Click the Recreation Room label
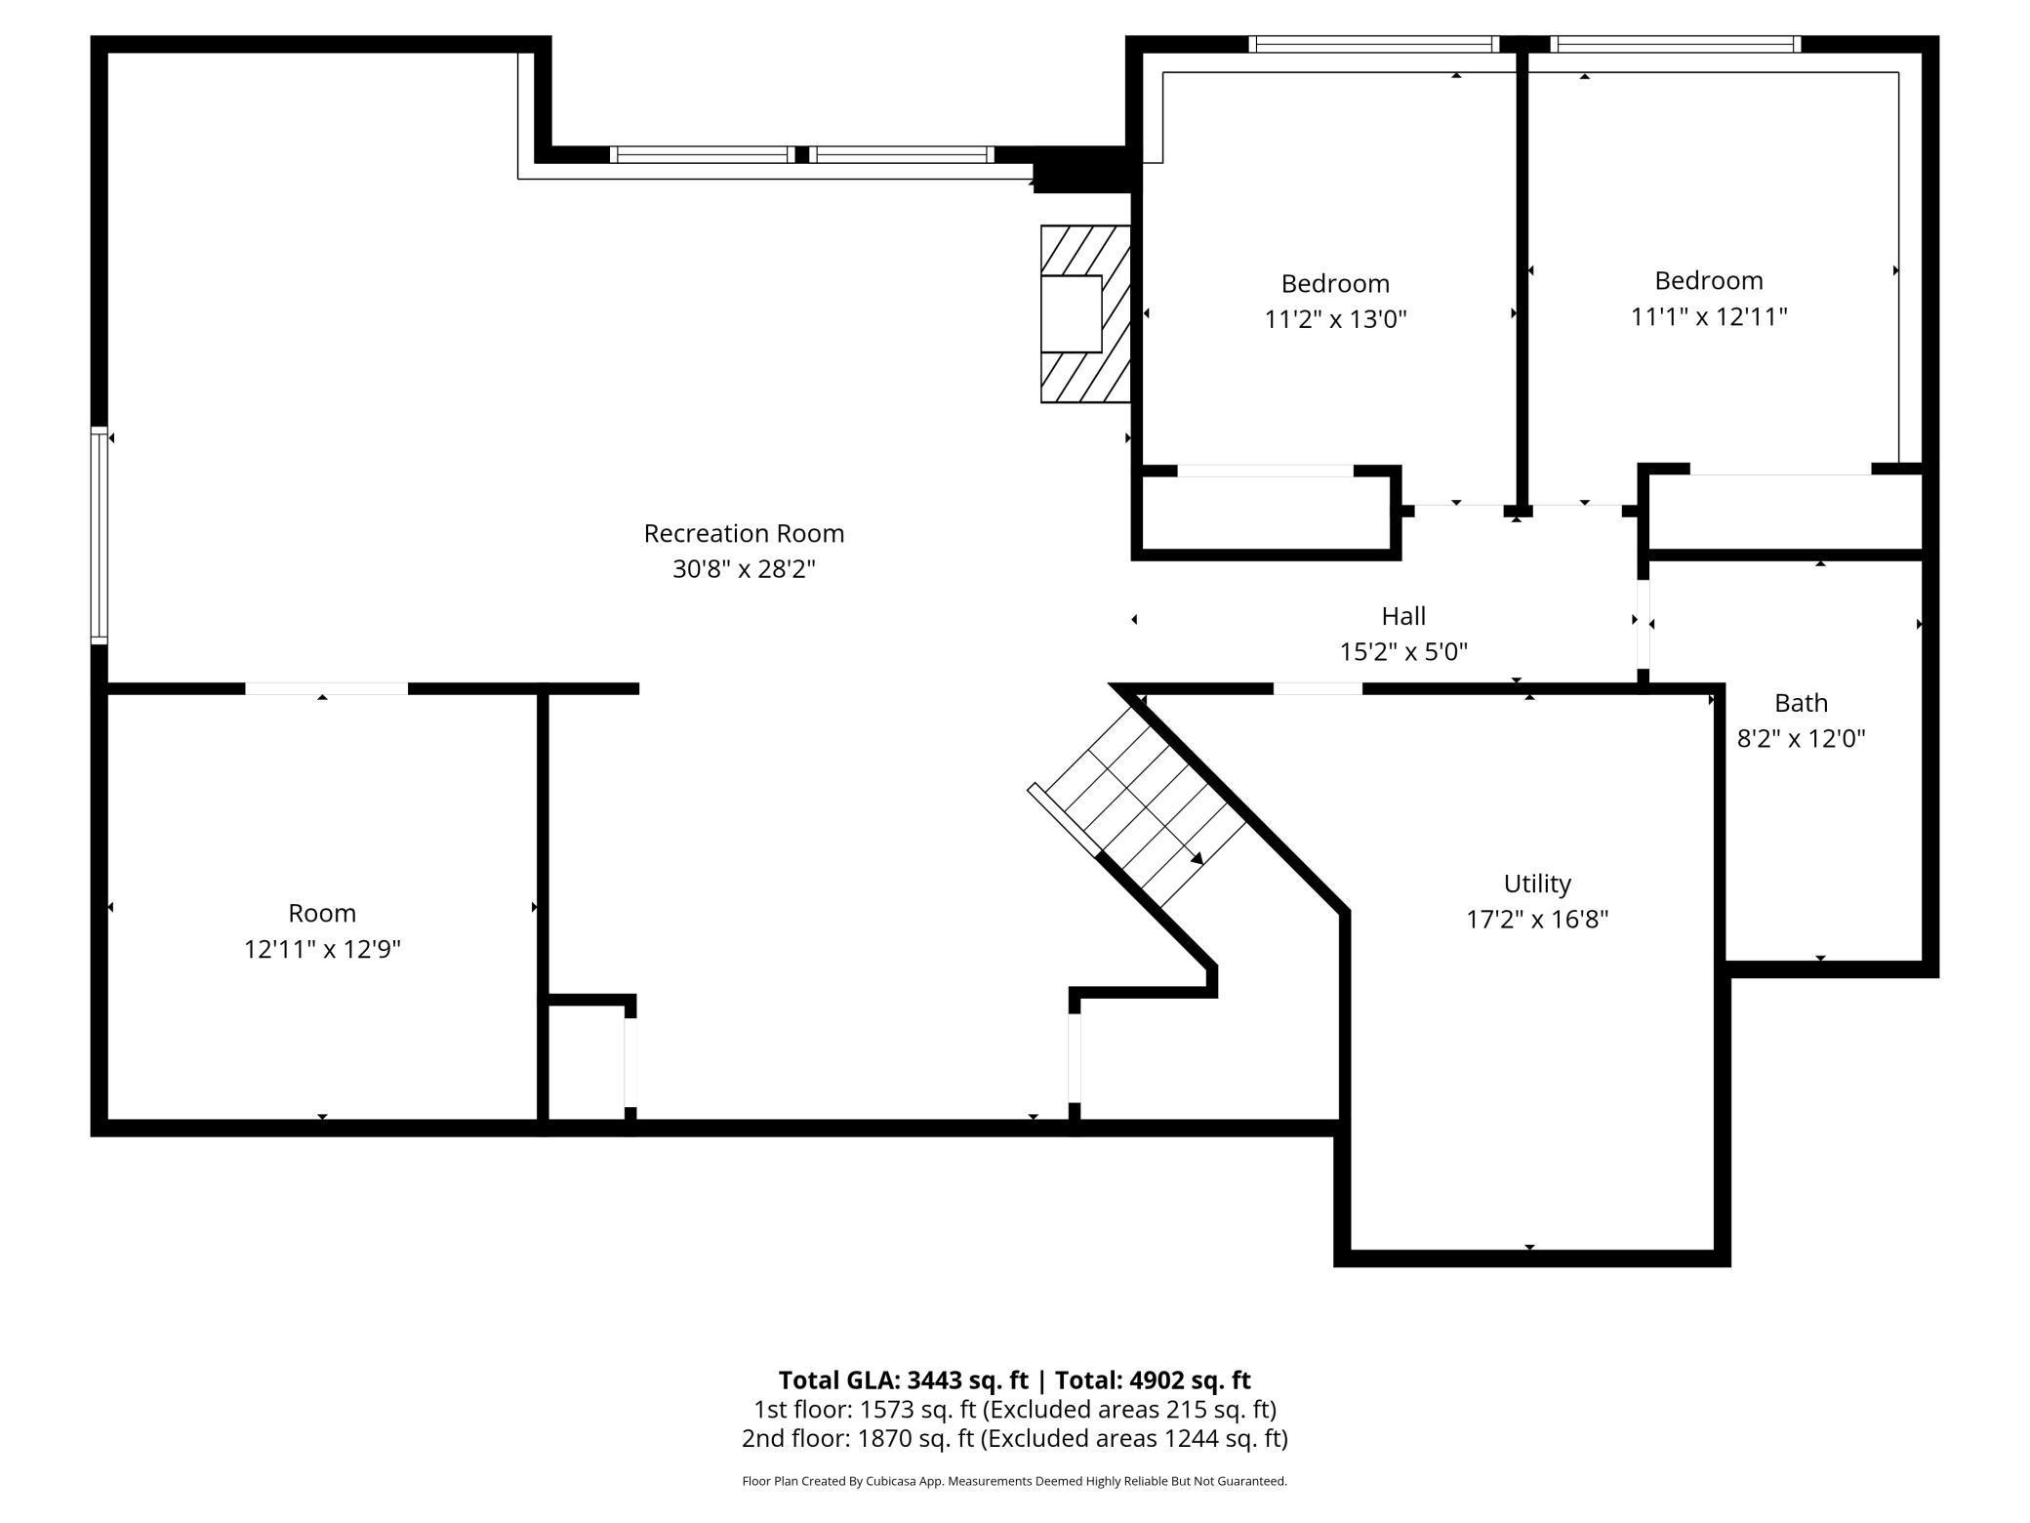pos(744,533)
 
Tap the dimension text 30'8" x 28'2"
pos(744,568)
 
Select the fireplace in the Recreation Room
pos(1085,313)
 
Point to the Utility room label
pos(1537,884)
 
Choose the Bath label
pos(1801,702)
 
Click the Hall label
pos(1403,615)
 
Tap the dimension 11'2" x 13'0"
pos(1335,318)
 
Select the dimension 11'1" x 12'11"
pos(1709,316)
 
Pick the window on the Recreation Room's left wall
pos(99,535)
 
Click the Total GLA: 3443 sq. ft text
pos(903,1379)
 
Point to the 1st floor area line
pos(1015,1409)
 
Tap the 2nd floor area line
pos(1015,1438)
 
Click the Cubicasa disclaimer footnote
pos(1015,1481)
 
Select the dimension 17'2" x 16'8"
pos(1537,919)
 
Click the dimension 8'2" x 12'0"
pos(1801,737)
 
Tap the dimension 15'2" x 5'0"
pos(1403,650)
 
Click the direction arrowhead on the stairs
pos(1196,858)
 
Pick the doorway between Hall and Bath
pos(1644,624)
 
